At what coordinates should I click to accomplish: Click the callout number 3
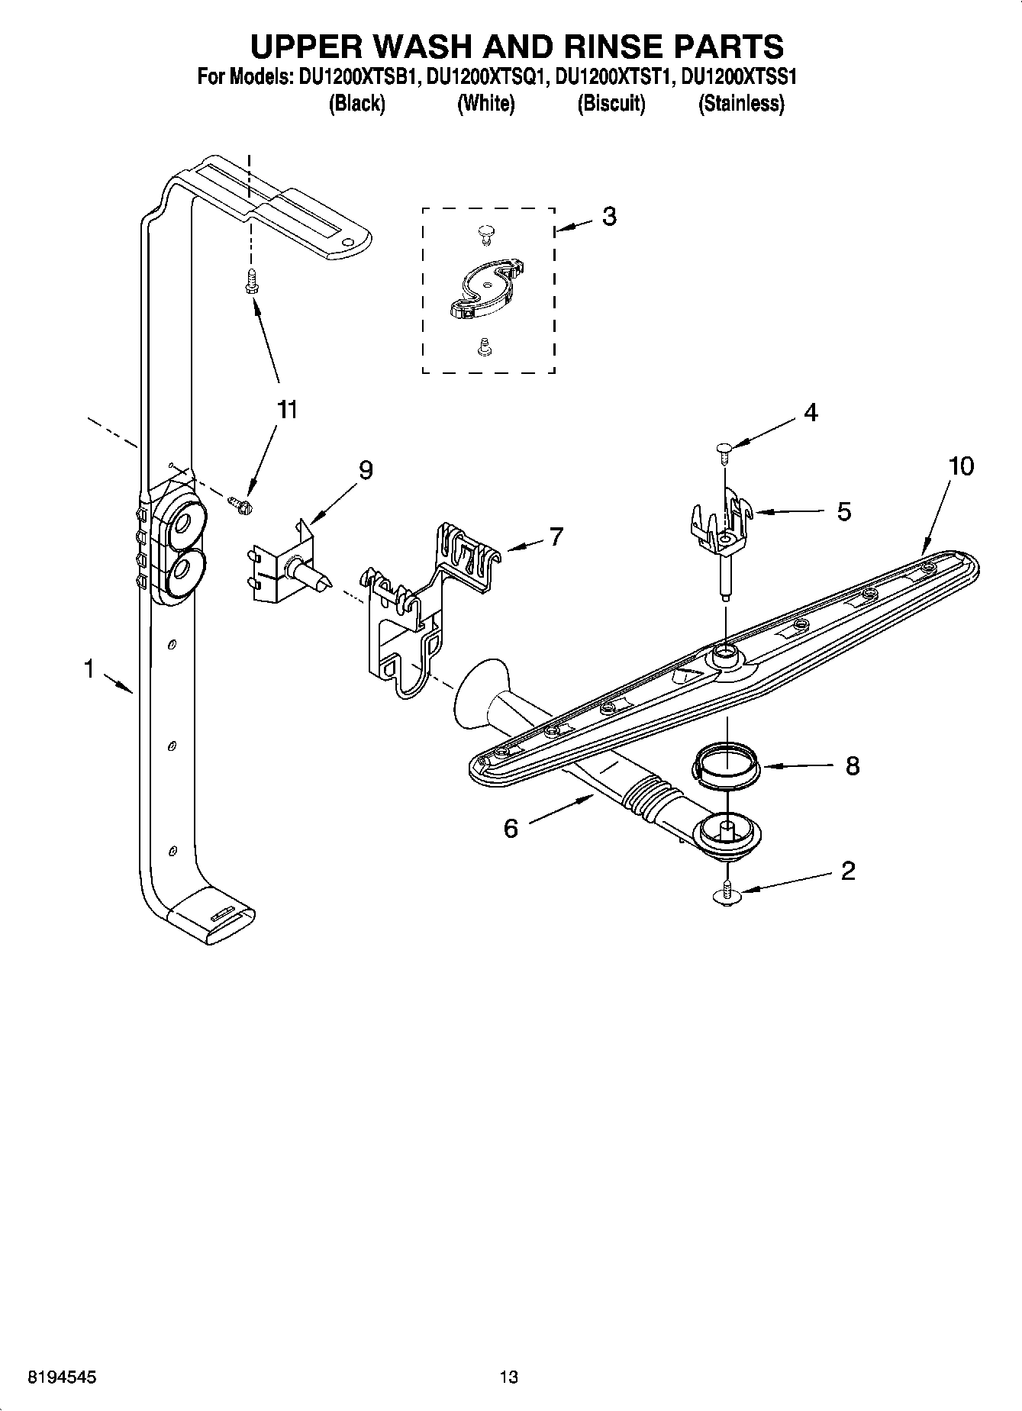point(608,217)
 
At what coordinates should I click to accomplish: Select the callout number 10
point(961,466)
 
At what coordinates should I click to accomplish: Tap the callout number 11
point(286,410)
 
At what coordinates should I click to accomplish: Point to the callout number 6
point(511,829)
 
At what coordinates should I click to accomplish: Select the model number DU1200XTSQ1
point(485,76)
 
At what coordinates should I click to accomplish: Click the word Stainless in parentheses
point(741,104)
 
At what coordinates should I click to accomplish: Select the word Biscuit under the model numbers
point(611,104)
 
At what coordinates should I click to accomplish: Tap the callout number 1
point(89,670)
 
